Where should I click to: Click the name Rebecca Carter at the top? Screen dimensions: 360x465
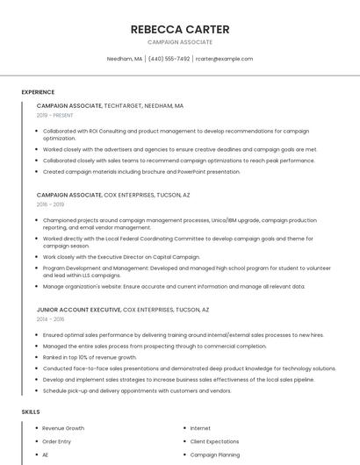(179, 29)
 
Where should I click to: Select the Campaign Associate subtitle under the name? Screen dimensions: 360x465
(179, 42)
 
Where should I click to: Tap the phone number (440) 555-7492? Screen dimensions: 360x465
(169, 59)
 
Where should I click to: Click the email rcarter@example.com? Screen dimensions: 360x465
(224, 59)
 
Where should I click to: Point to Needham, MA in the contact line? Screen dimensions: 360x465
(124, 59)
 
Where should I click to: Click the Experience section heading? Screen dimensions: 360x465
(38, 92)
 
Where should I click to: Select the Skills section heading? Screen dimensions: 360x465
(31, 411)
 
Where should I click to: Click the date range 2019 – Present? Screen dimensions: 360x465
(54, 115)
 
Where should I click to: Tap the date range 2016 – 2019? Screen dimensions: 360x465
(50, 204)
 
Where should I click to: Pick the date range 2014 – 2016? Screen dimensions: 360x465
(50, 319)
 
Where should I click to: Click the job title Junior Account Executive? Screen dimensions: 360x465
(79, 310)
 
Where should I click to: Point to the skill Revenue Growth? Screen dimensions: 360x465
(63, 428)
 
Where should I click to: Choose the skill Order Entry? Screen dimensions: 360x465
(57, 441)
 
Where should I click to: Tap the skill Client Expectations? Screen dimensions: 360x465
(214, 441)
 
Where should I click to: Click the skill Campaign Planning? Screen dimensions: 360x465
(215, 455)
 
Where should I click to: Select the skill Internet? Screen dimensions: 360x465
(200, 428)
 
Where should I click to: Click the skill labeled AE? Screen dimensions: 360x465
(46, 455)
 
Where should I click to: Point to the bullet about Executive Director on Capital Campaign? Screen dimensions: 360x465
(121, 257)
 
